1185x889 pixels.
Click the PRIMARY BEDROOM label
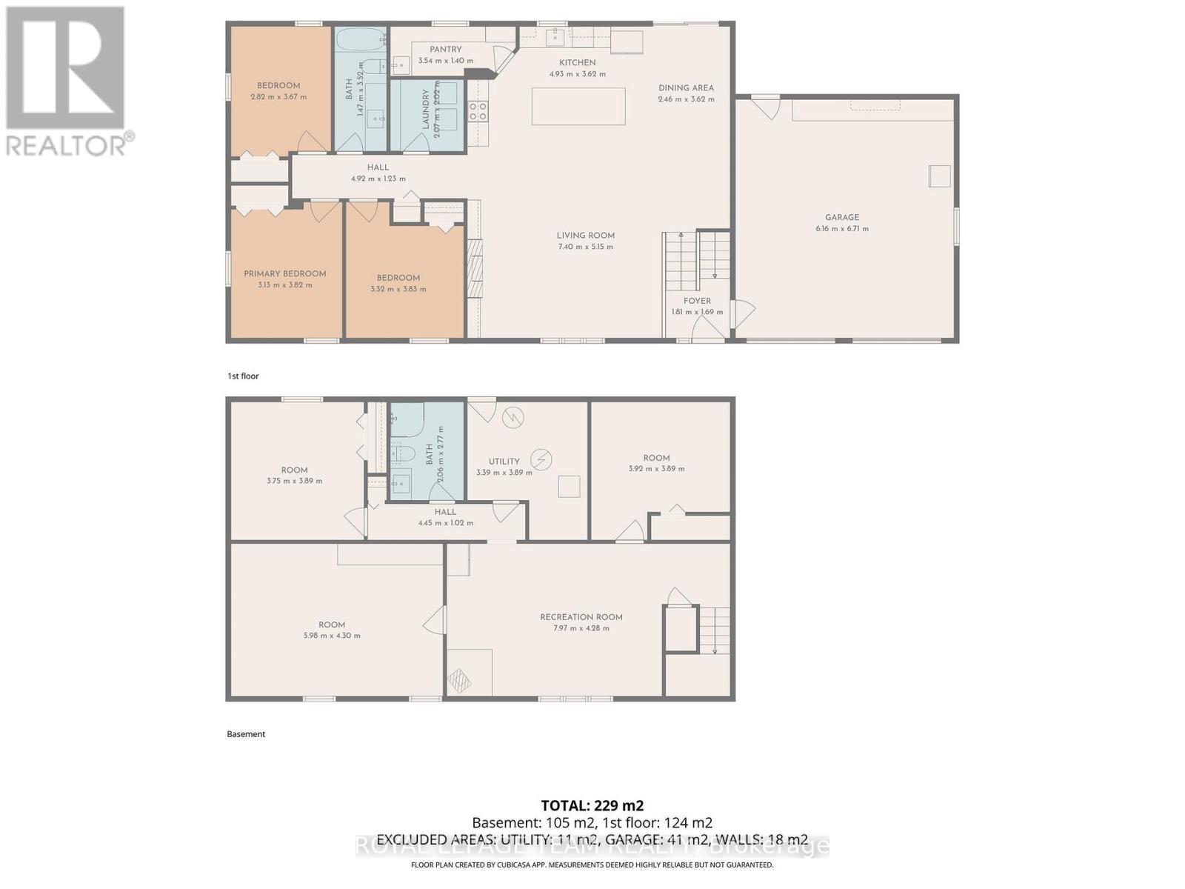tap(285, 273)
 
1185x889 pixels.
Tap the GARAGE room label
tap(842, 217)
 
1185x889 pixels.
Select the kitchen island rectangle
tap(578, 106)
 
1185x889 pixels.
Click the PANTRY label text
tap(446, 50)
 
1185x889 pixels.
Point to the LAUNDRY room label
tap(426, 110)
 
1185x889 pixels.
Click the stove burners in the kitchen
tap(478, 112)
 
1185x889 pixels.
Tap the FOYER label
tap(697, 301)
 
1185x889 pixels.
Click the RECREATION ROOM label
tap(581, 616)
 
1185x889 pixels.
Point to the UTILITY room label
tap(504, 461)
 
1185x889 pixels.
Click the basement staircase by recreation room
tap(715, 630)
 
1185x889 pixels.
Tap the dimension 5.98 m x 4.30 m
tap(332, 636)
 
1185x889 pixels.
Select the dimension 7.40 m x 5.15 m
tap(585, 247)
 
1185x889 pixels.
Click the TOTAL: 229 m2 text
tap(592, 806)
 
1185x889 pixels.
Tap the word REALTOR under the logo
tap(67, 144)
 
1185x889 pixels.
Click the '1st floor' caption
tap(243, 376)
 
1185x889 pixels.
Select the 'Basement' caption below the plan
tap(246, 734)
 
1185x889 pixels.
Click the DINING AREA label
tap(686, 87)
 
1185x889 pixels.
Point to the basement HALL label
tap(445, 512)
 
